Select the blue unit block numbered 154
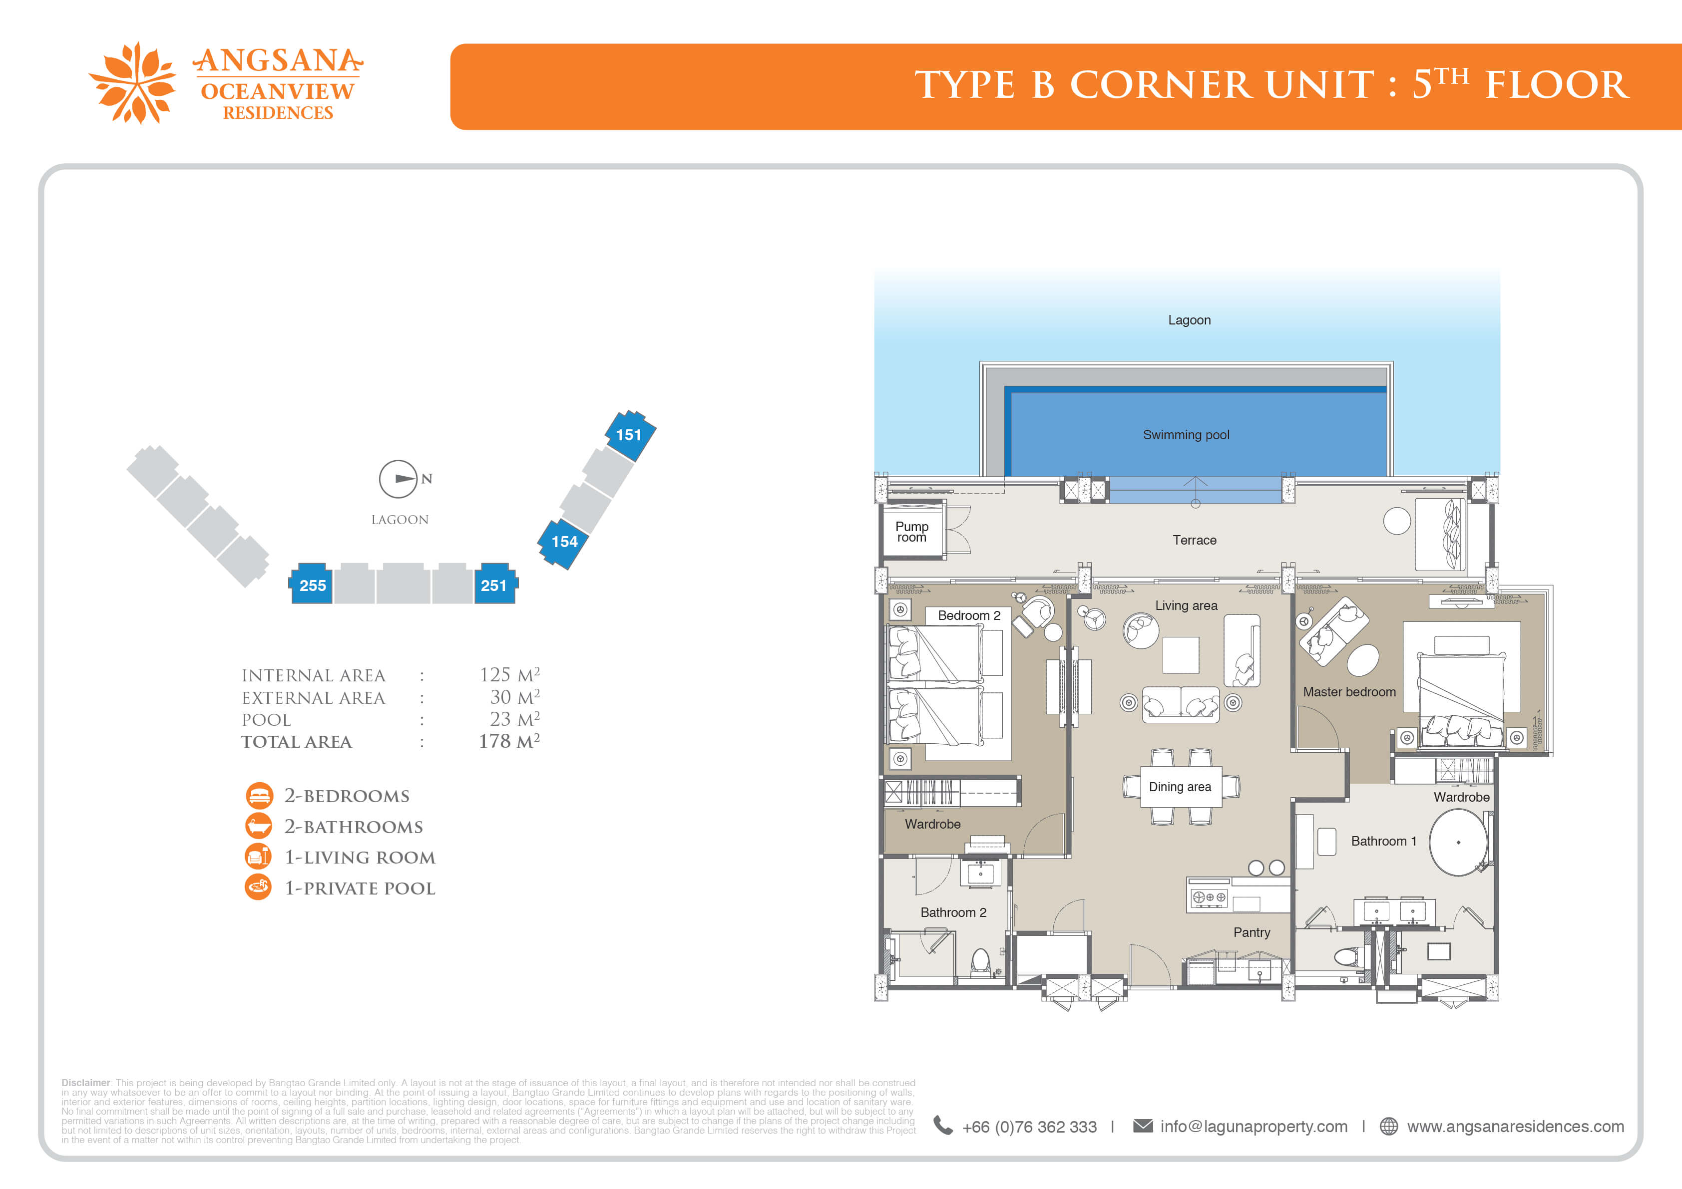click(x=563, y=543)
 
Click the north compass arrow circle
click(x=398, y=479)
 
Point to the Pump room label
click(x=911, y=532)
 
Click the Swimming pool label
click(x=1186, y=435)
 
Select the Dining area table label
click(x=1180, y=787)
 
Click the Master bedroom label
click(x=1349, y=692)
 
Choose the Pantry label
click(x=1251, y=932)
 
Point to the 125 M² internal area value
click(x=509, y=674)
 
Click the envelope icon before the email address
click(x=1143, y=1126)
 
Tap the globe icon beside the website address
click(x=1388, y=1126)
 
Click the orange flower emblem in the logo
click(x=133, y=83)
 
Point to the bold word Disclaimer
click(x=86, y=1083)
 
